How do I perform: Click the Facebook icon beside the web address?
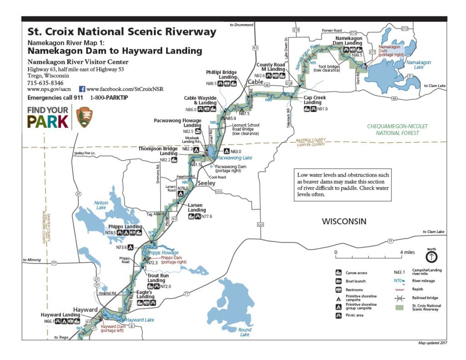coord(82,89)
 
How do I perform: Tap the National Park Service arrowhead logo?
coord(84,117)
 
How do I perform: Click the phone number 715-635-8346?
coord(46,83)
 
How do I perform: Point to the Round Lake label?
coord(244,332)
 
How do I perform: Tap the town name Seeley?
coord(206,183)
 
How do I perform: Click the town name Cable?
coord(255,82)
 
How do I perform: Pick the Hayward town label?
coord(86,309)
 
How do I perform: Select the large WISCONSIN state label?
coord(344,222)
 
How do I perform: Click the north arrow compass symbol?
coord(431,257)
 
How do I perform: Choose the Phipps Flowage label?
coord(162,253)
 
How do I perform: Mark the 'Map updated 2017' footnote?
coord(432,343)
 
